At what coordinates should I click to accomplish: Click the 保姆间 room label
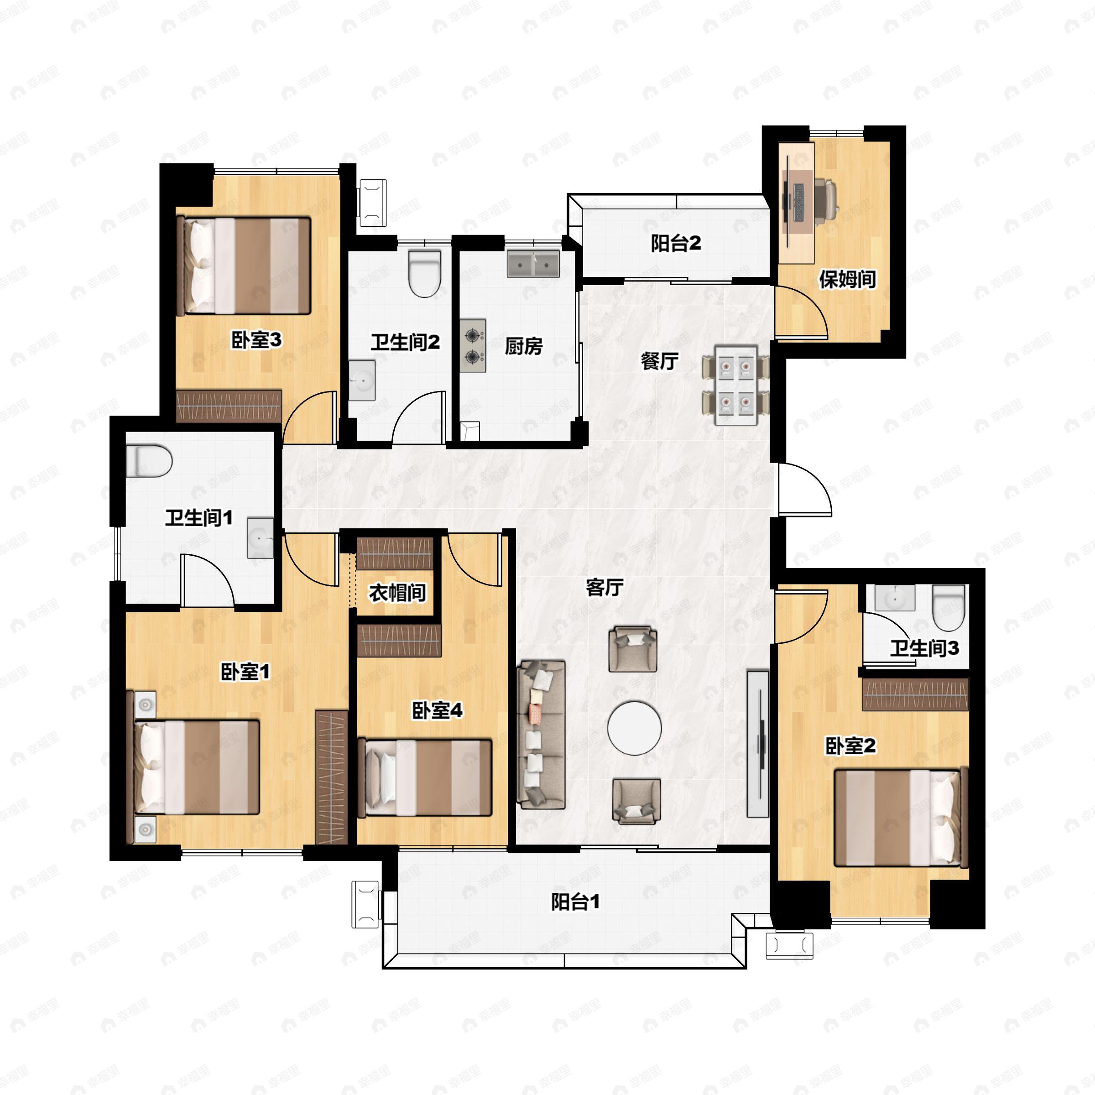[848, 279]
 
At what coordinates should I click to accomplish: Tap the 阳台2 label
[676, 243]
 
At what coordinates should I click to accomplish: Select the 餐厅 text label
[660, 360]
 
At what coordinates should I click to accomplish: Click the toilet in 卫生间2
[425, 274]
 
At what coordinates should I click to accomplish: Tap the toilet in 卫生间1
[148, 461]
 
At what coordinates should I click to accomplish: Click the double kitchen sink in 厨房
[533, 264]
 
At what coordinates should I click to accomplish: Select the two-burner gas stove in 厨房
[473, 346]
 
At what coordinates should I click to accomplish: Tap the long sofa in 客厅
[541, 734]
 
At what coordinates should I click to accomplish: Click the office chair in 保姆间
[828, 198]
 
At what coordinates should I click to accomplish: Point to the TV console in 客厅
[758, 744]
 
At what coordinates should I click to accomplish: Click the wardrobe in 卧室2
[915, 694]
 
